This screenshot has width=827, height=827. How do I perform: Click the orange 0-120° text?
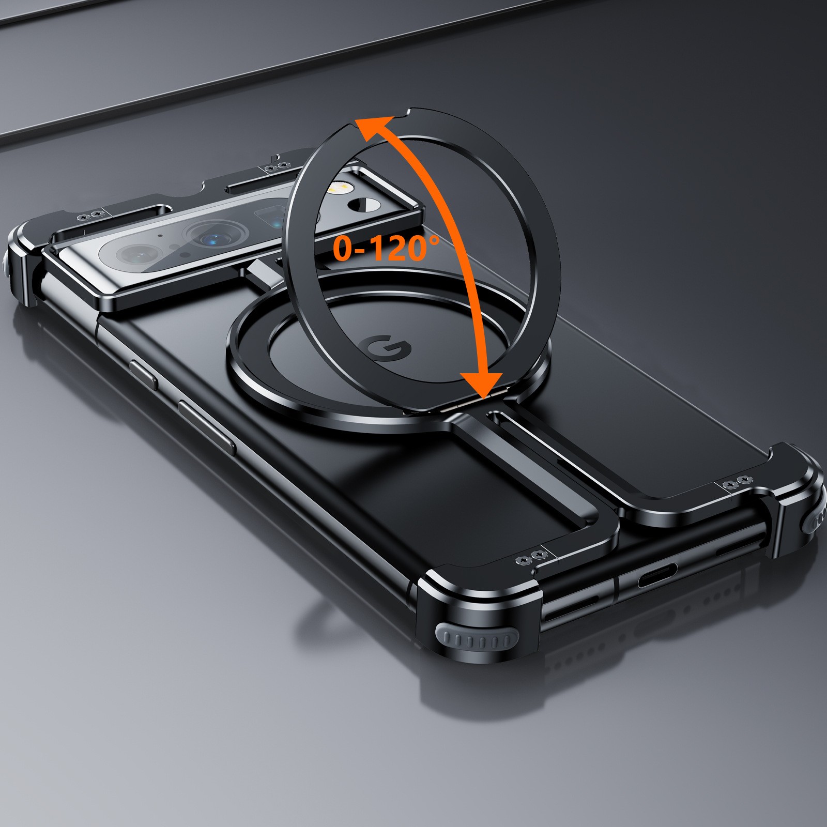(x=385, y=248)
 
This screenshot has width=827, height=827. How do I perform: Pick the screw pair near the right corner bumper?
(x=737, y=482)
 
